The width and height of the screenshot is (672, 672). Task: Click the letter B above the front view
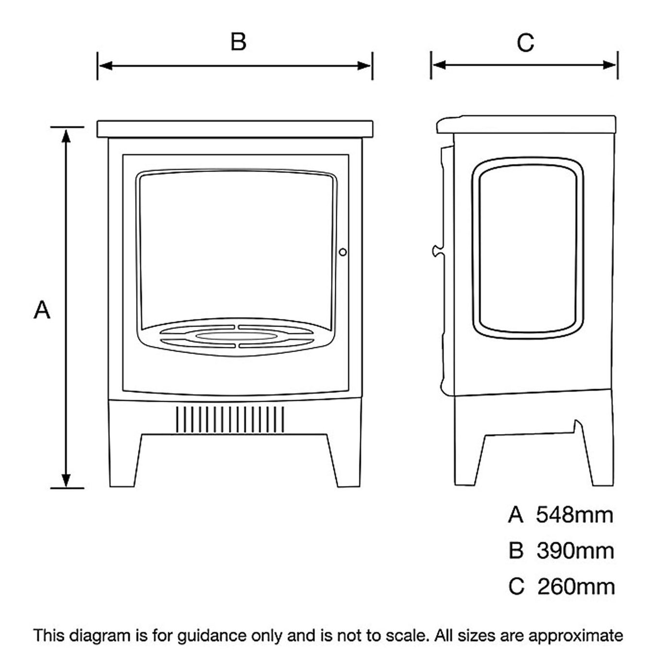238,42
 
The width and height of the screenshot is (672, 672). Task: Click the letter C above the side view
525,43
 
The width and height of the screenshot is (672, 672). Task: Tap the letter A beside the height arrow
42,310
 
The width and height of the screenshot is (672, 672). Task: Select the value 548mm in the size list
574,515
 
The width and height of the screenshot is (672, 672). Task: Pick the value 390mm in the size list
575,551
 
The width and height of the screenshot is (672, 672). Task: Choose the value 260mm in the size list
576,587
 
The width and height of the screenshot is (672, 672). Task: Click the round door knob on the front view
343,252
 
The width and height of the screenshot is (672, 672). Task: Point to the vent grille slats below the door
230,419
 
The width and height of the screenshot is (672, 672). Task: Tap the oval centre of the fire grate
237,335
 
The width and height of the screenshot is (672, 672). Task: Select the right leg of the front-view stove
347,462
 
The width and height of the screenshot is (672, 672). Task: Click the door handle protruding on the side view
436,251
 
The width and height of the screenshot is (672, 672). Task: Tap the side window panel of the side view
527,248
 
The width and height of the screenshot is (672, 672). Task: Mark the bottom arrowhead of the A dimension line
67,480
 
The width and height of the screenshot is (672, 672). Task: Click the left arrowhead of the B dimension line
105,66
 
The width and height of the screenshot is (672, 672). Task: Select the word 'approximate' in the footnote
575,636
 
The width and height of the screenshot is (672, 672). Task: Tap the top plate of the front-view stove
235,129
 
